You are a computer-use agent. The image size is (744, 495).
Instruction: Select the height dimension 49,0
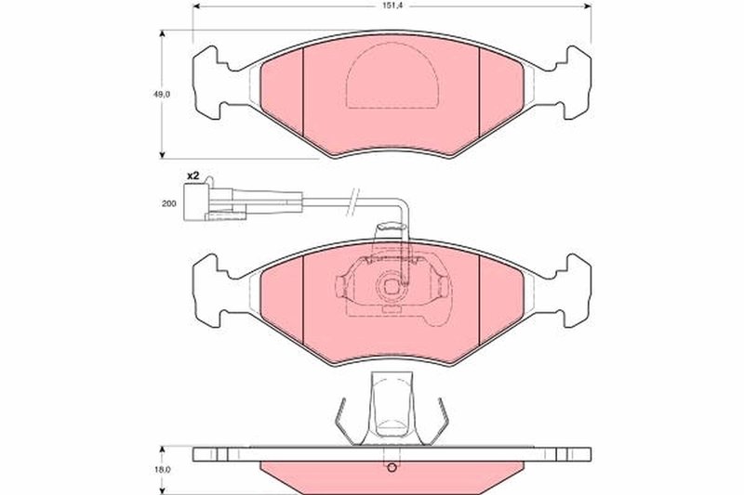[x=161, y=94]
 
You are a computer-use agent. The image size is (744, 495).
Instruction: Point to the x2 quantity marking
[x=193, y=176]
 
